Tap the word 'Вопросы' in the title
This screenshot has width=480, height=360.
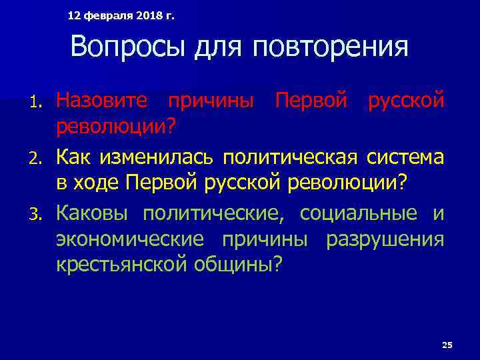point(115,47)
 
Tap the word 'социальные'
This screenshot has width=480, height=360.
point(357,213)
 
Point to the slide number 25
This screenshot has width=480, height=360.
point(447,345)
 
